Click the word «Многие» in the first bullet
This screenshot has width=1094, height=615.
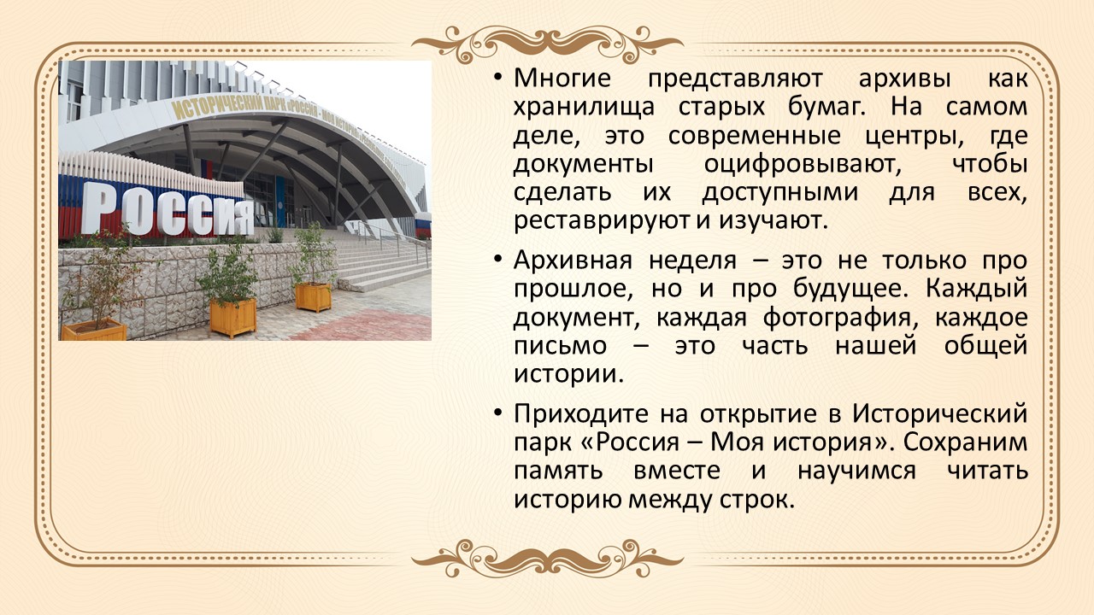click(x=562, y=78)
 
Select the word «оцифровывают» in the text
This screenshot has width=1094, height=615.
click(x=803, y=165)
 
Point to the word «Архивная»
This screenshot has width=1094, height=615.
click(x=573, y=261)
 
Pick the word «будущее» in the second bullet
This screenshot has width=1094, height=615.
click(x=850, y=289)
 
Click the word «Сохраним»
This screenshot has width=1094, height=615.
click(x=965, y=442)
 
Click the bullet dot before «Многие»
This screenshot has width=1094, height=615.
click(x=497, y=77)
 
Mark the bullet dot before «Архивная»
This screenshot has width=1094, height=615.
click(x=497, y=259)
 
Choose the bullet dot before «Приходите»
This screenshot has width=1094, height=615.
click(x=497, y=413)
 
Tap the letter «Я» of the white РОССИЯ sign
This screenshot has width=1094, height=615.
click(x=239, y=217)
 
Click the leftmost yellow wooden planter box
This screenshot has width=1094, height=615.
click(x=94, y=330)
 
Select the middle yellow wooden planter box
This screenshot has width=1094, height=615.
click(x=233, y=317)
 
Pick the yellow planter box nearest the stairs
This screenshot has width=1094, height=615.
click(x=313, y=296)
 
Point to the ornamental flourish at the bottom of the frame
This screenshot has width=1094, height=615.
click(x=547, y=559)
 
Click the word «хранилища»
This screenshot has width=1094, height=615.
click(x=584, y=108)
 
